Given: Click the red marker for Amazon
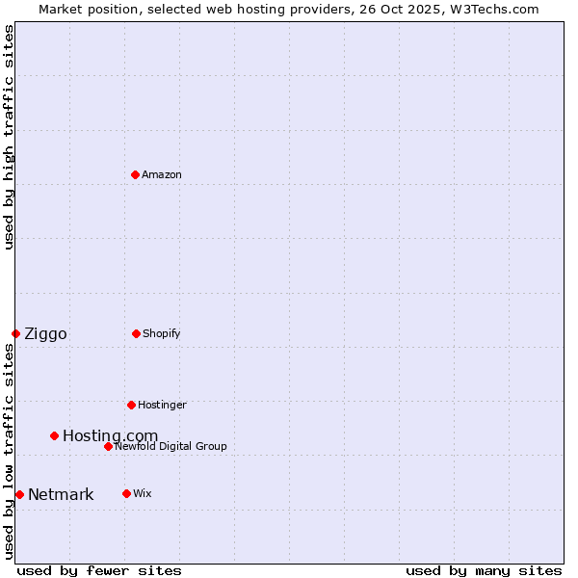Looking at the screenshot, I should (135, 174).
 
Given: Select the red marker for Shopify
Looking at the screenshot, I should (136, 333).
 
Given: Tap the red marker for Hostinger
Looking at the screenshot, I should (131, 405).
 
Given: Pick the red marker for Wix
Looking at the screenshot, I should (126, 493).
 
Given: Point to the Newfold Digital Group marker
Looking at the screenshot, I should (108, 446).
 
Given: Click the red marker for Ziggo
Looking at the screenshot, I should (15, 333).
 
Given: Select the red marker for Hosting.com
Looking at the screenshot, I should (54, 435).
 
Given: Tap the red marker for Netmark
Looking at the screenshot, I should (19, 494).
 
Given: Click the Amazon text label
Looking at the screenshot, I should (162, 174).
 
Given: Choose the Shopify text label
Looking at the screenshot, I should (162, 333).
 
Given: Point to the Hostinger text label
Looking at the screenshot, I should (162, 405).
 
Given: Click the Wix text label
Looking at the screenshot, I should (142, 493).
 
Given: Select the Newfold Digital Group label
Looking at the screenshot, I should (171, 446).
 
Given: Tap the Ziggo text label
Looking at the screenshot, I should (45, 333).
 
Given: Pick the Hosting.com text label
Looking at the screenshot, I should (110, 435).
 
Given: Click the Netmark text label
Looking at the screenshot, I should (61, 494).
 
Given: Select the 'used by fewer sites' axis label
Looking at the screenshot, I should (99, 570).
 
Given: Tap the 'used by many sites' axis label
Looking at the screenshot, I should (484, 570).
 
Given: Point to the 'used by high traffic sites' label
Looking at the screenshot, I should (9, 137).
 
